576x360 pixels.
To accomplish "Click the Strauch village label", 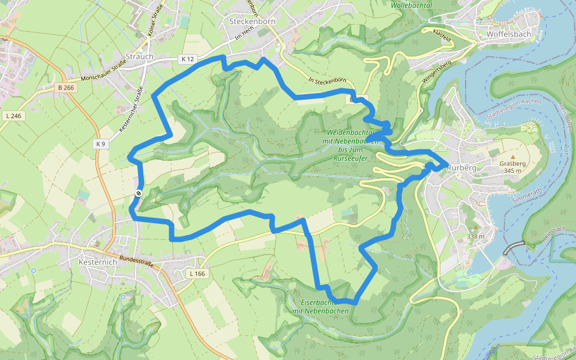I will click(x=140, y=57).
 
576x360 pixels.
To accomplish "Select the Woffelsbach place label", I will click(x=509, y=34).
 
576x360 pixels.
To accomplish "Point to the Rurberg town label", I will click(x=461, y=168).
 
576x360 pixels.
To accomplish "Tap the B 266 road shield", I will click(x=66, y=88).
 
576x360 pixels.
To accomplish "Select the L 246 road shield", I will click(x=14, y=116).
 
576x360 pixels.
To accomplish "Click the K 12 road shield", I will click(x=188, y=59).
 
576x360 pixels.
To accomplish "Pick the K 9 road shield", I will click(x=100, y=144).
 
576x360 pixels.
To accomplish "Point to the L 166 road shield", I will click(x=197, y=274).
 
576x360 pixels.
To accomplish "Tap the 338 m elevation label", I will click(x=476, y=236).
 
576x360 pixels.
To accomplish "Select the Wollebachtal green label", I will click(x=411, y=5).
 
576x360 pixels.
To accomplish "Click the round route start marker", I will click(x=139, y=193).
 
